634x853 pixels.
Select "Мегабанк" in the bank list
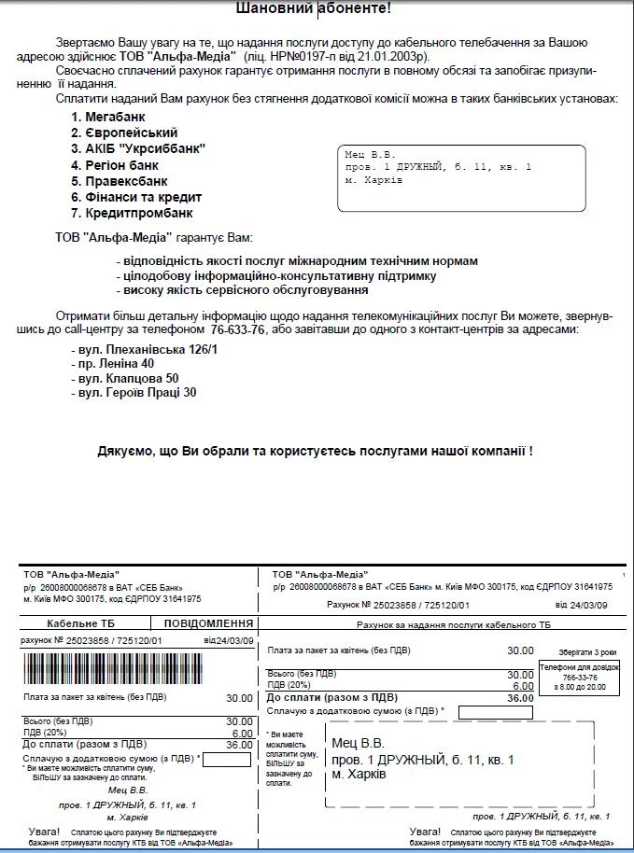tap(117, 117)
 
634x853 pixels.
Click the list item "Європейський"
tap(130, 133)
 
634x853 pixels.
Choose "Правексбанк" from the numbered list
tap(126, 181)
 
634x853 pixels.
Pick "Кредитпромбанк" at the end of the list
tap(139, 213)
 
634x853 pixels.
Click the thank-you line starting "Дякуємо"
tap(316, 451)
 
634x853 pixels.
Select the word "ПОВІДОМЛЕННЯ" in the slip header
tap(209, 622)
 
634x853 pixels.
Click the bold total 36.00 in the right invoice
tap(520, 697)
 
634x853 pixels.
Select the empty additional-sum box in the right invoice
tap(495, 712)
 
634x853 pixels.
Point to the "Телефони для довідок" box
tap(572, 677)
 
